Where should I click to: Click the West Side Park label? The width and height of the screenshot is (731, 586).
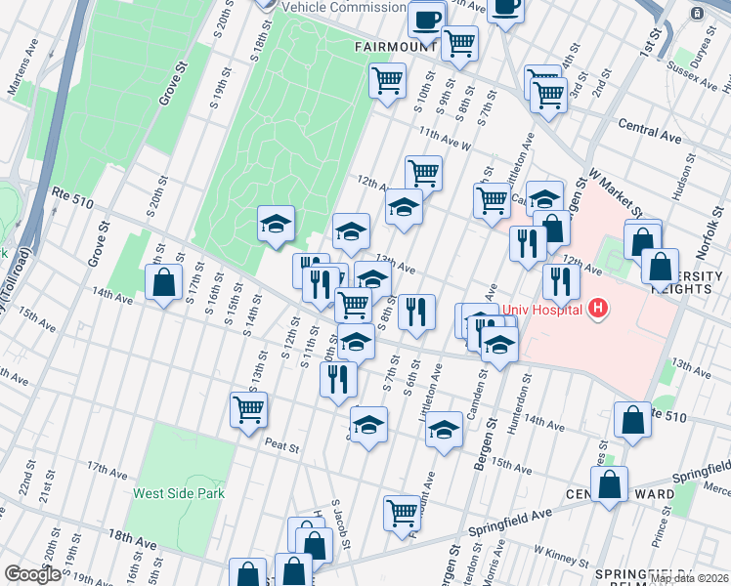point(179,493)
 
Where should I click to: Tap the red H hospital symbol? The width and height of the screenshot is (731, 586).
point(599,310)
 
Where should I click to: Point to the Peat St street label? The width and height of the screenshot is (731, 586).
point(281,445)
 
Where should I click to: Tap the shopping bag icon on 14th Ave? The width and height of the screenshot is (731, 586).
point(164,283)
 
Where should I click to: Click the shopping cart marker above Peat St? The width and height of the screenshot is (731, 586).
point(249,409)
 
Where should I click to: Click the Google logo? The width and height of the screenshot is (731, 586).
point(32,574)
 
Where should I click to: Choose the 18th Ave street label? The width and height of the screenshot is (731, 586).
point(133,537)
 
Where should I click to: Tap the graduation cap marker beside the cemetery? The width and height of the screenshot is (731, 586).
point(276,224)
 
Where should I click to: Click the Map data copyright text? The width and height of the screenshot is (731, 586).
point(690,578)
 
